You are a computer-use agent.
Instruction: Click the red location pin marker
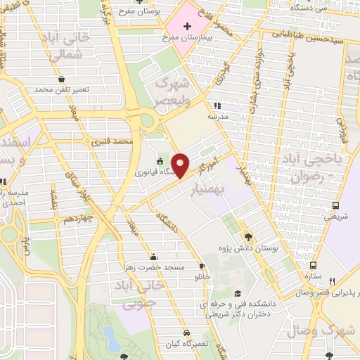pyautogui.click(x=181, y=165)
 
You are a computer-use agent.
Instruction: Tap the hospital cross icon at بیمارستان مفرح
pyautogui.click(x=187, y=27)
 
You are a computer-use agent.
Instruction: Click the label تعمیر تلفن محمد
pyautogui.click(x=63, y=90)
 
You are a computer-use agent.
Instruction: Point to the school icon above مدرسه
pyautogui.click(x=216, y=105)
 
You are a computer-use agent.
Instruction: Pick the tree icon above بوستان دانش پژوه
pyautogui.click(x=247, y=236)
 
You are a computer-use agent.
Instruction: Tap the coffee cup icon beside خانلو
pyautogui.click(x=202, y=266)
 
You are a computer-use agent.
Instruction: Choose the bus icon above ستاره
pyautogui.click(x=313, y=265)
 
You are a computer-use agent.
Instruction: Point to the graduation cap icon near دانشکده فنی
pyautogui.click(x=237, y=293)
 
